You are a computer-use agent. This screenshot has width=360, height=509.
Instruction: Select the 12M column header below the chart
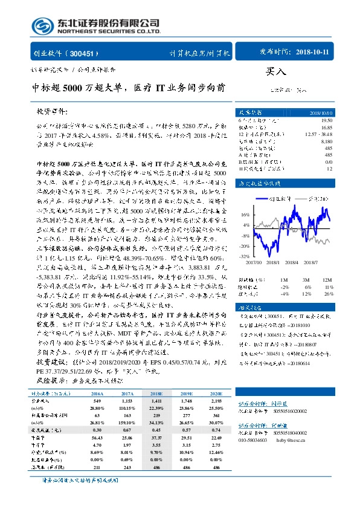(x=327, y=280)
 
